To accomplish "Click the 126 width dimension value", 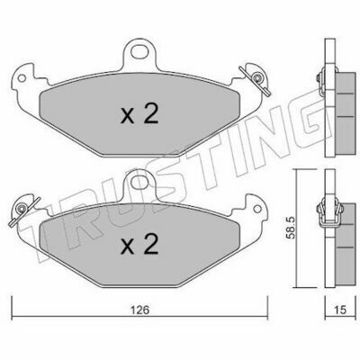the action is pos(140,310).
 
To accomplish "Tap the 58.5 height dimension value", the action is pos(291,229).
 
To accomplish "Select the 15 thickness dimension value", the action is pos(339,310).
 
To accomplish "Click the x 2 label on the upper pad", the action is pos(139,114).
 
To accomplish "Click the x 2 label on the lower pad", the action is pos(139,245).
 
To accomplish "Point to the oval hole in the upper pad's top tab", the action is pos(139,53).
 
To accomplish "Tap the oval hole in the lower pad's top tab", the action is pos(139,182).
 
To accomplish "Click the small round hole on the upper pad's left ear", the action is pos(22,78).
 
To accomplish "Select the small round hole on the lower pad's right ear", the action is pos(257,209).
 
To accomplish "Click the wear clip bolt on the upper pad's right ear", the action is pos(256,78).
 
